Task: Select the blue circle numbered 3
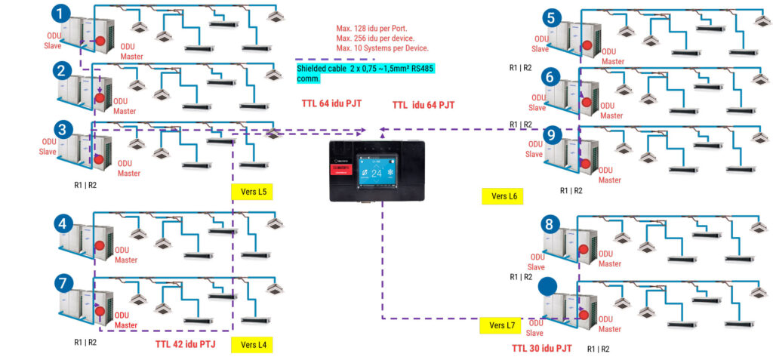tap(63, 130)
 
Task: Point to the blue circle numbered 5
tap(552, 18)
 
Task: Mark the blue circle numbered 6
tap(552, 76)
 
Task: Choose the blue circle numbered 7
tap(63, 283)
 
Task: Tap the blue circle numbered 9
tap(552, 134)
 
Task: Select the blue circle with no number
tap(548, 286)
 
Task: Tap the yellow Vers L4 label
tap(251, 345)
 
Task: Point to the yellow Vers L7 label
tap(501, 325)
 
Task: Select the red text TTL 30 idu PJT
tap(541, 348)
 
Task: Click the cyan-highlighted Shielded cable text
tap(365, 72)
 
